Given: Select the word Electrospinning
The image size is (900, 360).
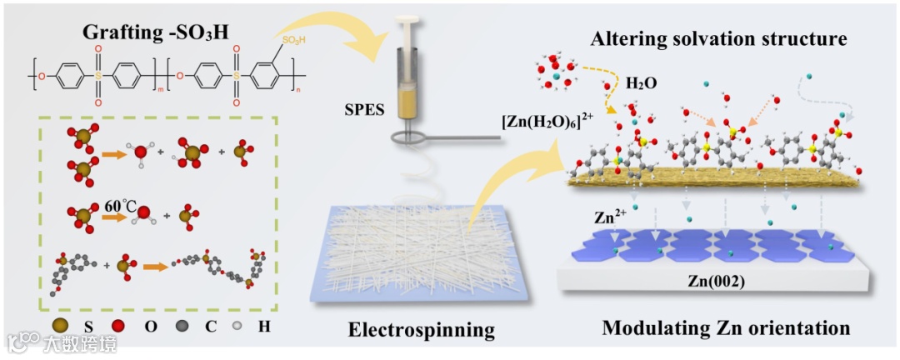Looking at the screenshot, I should click(x=421, y=329).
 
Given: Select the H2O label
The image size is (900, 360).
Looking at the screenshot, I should click(x=645, y=82).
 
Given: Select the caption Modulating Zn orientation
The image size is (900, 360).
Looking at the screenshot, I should click(x=725, y=328).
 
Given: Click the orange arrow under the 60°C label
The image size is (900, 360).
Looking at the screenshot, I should click(x=115, y=218).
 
